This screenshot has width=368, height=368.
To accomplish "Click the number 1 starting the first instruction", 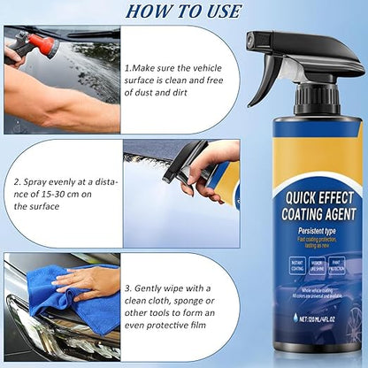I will (x=127, y=66).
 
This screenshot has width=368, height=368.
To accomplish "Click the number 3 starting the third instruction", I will (x=126, y=288).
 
